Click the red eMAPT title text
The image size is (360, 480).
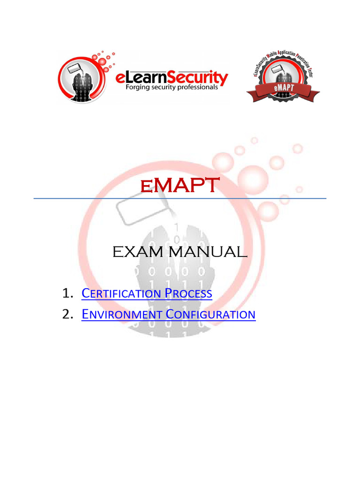pos(180,186)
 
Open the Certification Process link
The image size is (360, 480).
pos(147,294)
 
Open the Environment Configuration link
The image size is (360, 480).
pos(168,314)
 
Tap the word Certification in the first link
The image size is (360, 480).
pos(120,294)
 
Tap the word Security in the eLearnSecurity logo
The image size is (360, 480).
pos(199,76)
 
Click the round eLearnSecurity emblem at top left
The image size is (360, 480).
pos(80,78)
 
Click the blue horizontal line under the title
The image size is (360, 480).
pos(180,199)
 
